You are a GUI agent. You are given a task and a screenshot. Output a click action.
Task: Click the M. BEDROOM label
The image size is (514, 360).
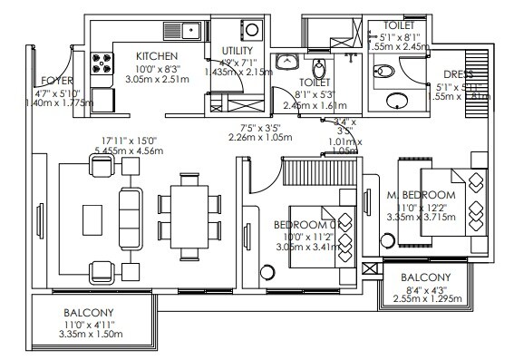click(420, 195)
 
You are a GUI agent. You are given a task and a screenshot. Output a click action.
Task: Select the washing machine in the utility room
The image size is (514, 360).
click(251, 30)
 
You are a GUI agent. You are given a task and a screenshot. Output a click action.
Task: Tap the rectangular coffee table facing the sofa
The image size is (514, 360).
click(92, 218)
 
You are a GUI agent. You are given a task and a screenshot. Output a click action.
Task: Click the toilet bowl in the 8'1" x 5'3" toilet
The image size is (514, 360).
click(319, 65)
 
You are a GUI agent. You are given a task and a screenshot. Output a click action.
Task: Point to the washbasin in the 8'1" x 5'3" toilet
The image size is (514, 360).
click(289, 62)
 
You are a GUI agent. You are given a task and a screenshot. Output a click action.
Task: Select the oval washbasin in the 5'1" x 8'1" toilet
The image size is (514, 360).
click(398, 100)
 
